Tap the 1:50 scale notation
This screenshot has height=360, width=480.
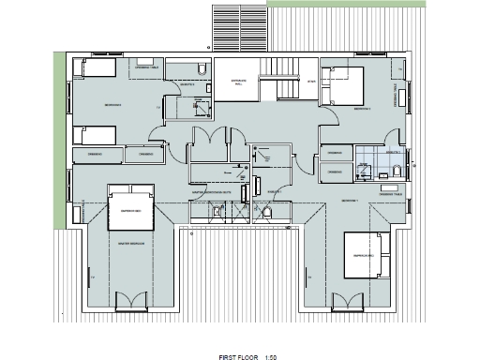(x=271, y=331)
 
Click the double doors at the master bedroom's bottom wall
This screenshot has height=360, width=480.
(x=130, y=301)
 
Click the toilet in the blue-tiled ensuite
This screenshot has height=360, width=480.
(x=397, y=170)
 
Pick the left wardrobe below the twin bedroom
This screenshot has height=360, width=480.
(x=97, y=154)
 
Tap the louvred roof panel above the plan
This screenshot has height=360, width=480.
(x=240, y=26)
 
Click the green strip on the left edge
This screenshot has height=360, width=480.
(x=59, y=141)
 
